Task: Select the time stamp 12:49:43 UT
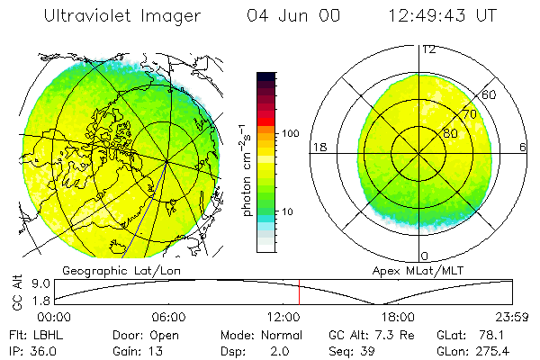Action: [x=445, y=17]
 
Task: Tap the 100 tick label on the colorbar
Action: [x=292, y=133]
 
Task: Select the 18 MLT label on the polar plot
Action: [x=318, y=147]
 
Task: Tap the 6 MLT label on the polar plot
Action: [x=523, y=148]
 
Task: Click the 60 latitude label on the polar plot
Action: [x=490, y=94]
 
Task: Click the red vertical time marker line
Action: [x=299, y=292]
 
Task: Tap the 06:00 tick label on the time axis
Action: [x=169, y=317]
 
